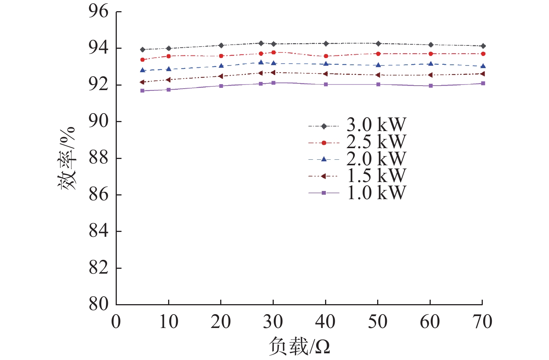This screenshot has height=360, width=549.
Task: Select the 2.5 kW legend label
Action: [x=376, y=142]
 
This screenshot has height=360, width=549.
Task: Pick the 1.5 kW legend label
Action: [x=376, y=176]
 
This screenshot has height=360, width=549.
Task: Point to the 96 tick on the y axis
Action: [x=98, y=12]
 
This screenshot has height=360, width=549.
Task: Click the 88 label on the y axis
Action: [x=98, y=158]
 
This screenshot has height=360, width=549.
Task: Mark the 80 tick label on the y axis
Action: [x=98, y=305]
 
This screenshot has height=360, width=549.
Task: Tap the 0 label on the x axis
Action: [x=116, y=322]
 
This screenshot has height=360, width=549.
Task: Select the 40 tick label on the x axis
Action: [x=325, y=322]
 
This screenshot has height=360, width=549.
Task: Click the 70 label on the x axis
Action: [x=483, y=322]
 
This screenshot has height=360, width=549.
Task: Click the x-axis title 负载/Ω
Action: [x=299, y=347]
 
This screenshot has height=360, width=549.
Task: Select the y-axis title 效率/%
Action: [x=67, y=158]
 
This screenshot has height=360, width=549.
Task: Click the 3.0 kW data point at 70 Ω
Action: [x=483, y=46]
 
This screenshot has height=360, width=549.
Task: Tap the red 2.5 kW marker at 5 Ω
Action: [x=142, y=60]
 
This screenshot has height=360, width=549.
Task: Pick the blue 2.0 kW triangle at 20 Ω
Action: [x=221, y=66]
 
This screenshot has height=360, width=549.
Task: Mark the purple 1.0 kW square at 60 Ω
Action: [x=430, y=86]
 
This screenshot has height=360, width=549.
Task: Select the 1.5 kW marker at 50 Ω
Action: [x=378, y=75]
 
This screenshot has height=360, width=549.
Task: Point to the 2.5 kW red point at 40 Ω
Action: [x=326, y=56]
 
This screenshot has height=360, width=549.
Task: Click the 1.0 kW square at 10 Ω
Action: [x=168, y=90]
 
